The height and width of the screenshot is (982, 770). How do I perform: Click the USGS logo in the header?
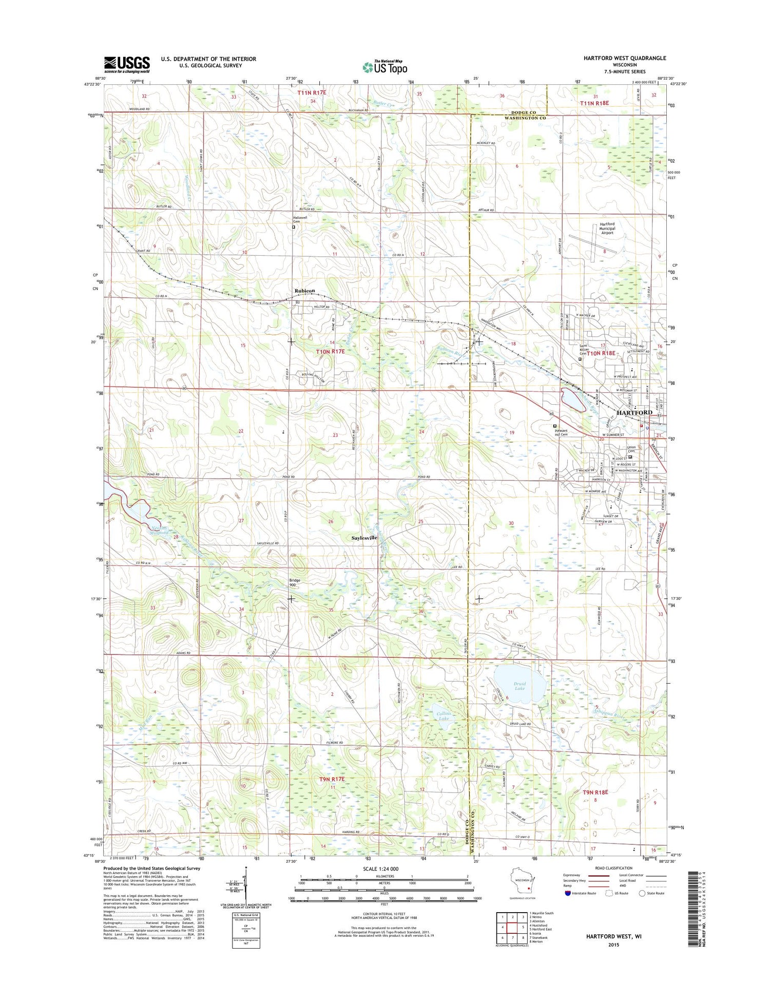[127, 65]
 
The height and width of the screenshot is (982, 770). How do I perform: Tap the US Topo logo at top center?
[385, 67]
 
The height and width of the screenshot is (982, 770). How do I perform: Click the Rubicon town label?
[304, 291]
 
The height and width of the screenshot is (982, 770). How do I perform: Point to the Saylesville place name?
[364, 538]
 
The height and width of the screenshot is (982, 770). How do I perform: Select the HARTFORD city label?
[634, 412]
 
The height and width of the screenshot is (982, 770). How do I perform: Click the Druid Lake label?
[519, 686]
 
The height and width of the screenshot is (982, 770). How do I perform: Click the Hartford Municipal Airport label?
[607, 229]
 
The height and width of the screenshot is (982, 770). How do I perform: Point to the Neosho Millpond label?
[159, 530]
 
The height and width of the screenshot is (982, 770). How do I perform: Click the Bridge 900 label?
[295, 582]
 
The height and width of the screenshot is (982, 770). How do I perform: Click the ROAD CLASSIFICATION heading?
[613, 867]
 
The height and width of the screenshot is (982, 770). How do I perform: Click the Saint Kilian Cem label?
[583, 349]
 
